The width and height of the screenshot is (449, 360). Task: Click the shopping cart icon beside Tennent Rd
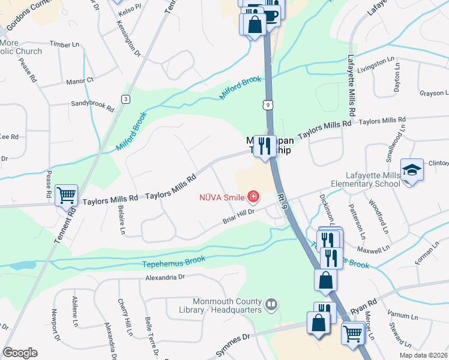point(66,194)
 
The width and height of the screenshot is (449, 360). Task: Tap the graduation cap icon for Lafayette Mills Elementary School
point(412,170)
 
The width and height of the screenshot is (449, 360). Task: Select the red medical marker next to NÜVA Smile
point(253,196)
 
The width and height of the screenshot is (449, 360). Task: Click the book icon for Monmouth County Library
point(271,305)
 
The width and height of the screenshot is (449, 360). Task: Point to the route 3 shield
point(125,99)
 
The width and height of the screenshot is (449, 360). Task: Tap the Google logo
point(20,353)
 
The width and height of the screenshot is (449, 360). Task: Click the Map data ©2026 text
point(424,355)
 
